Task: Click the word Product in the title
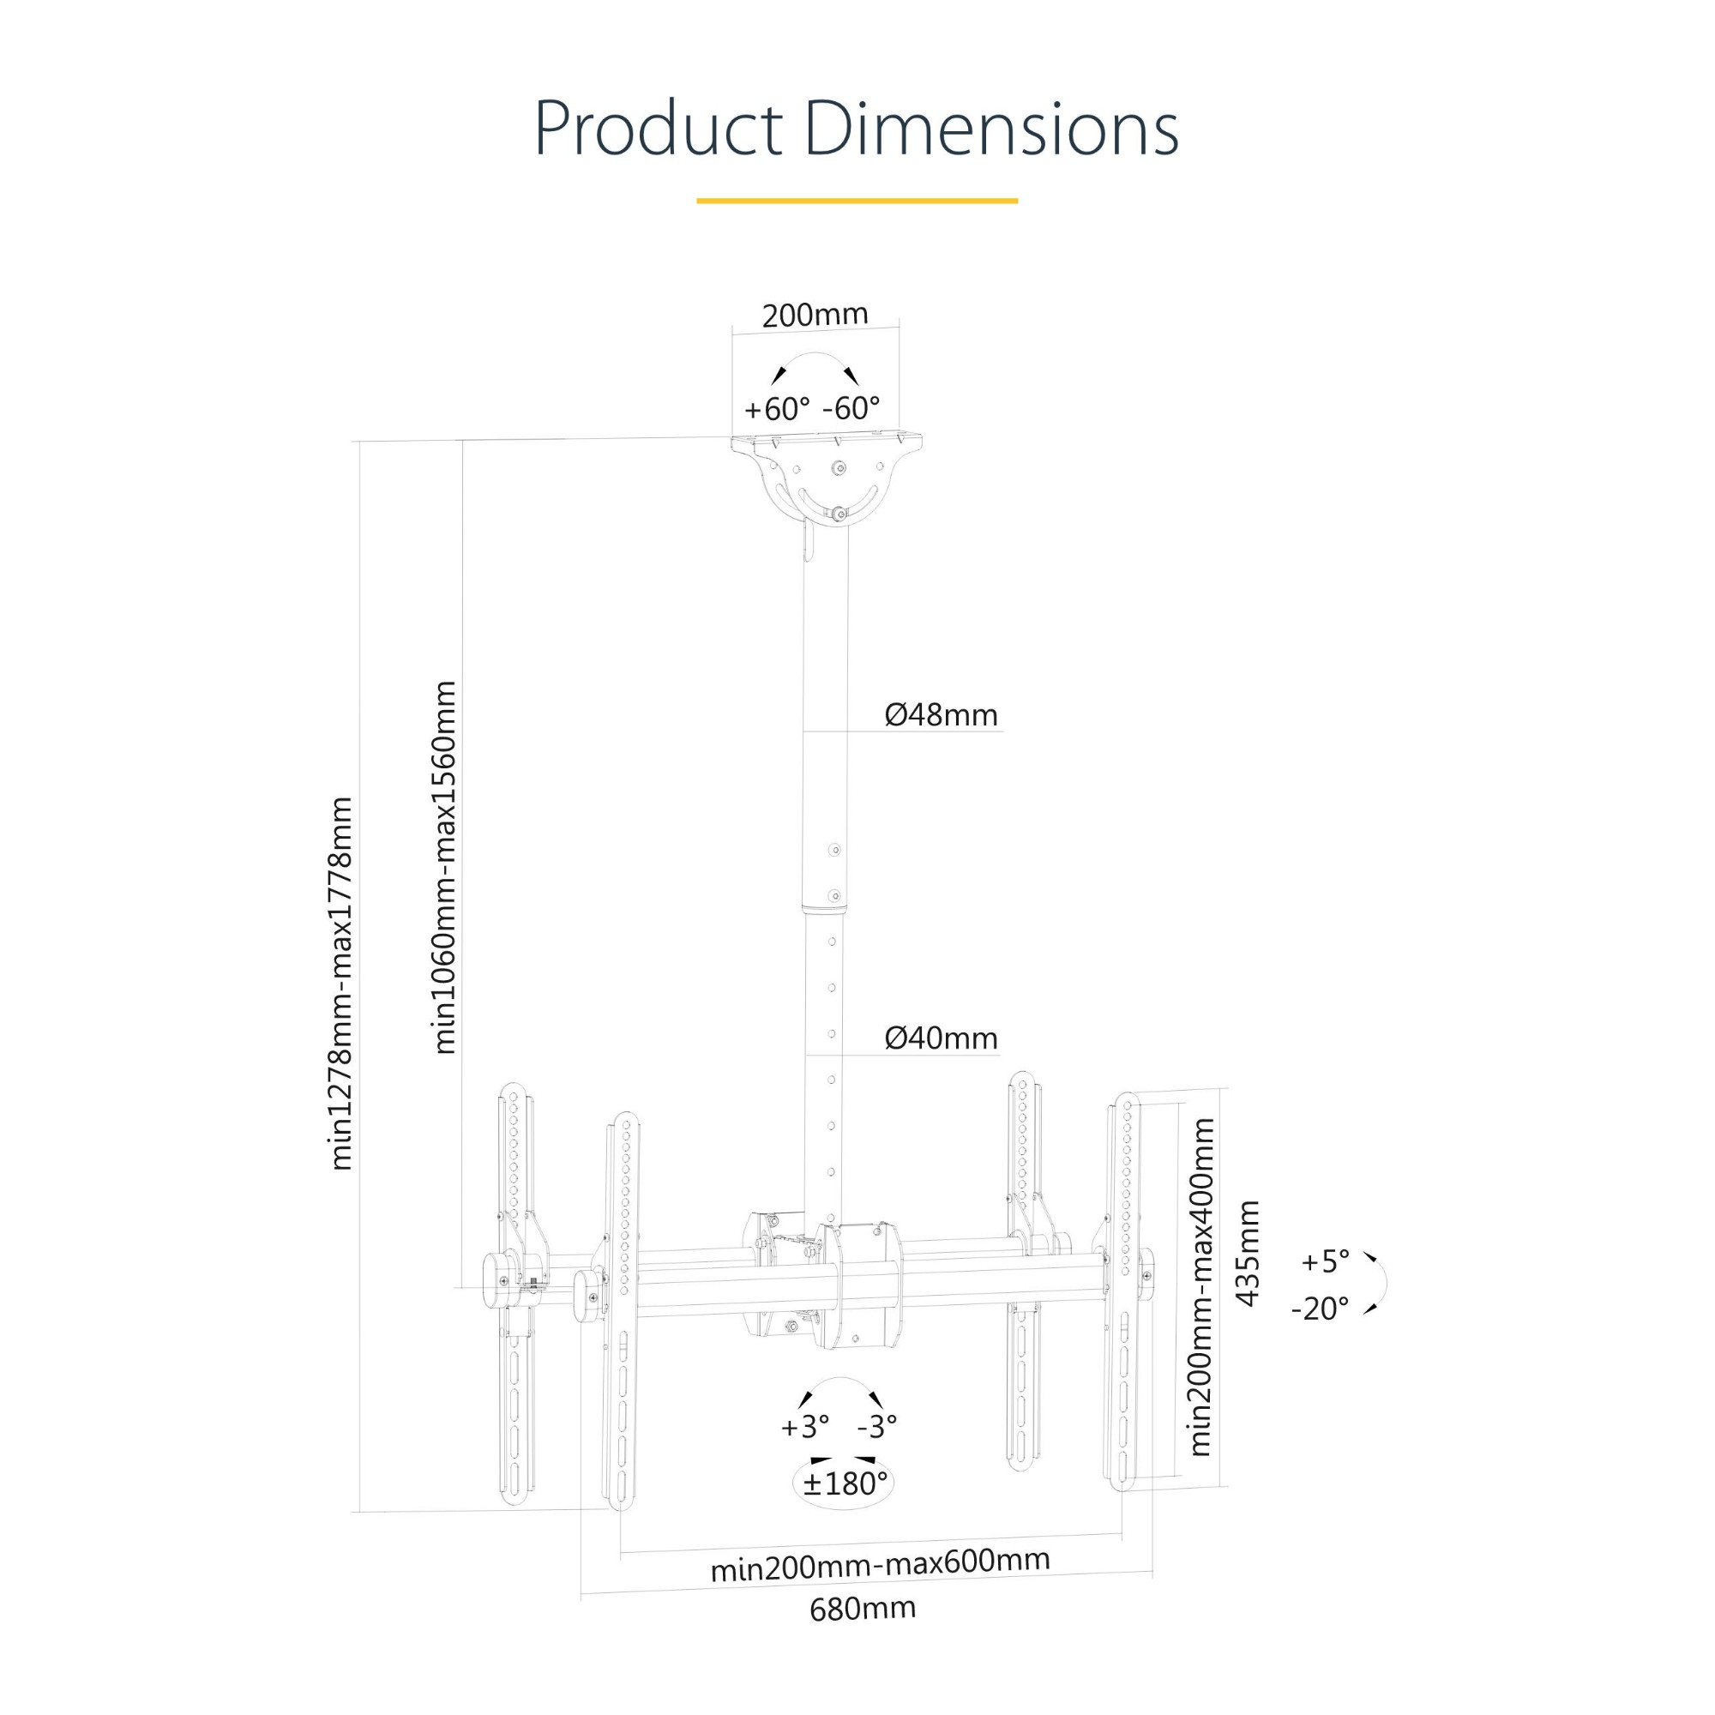pos(658,129)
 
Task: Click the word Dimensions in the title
pos(991,129)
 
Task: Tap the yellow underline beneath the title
pos(857,201)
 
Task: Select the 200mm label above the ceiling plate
pos(815,315)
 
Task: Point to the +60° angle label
pos(777,409)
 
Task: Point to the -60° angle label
pos(851,408)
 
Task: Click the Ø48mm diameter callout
pos(941,714)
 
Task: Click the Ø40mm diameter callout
pos(941,1038)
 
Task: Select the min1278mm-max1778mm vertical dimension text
pos(342,984)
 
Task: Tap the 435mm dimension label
pos(1248,1253)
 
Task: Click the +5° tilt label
pos(1326,1261)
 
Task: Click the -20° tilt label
pos(1320,1309)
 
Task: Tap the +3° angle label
pos(805,1428)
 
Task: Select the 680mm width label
pos(863,1609)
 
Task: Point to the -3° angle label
pos(877,1427)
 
